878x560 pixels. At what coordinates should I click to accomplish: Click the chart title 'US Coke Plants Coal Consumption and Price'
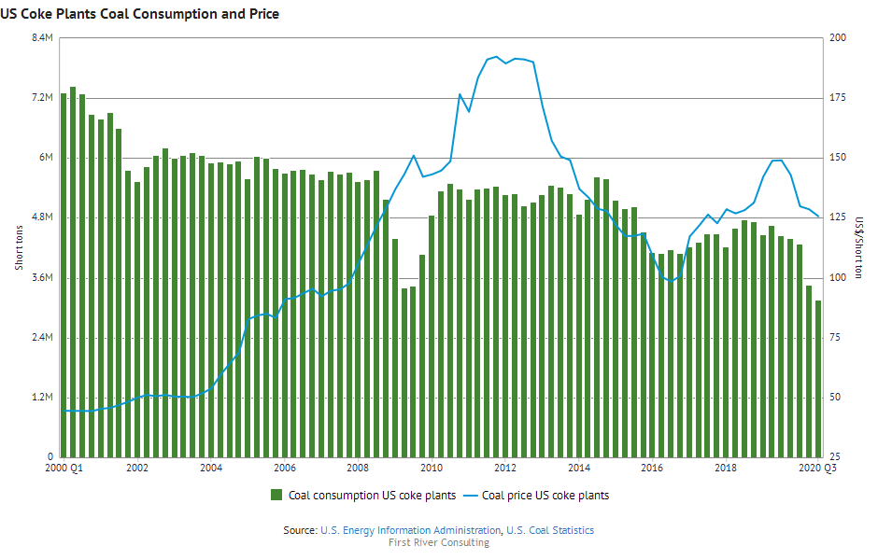click(141, 14)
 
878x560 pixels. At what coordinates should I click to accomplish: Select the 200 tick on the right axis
click(838, 37)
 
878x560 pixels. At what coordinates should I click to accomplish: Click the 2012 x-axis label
click(505, 469)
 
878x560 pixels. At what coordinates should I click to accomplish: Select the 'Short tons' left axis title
click(20, 247)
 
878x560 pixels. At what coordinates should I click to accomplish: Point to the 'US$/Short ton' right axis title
click(859, 247)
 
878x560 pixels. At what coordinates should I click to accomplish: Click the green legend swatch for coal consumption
click(276, 496)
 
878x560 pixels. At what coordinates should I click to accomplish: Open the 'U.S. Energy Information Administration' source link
click(410, 530)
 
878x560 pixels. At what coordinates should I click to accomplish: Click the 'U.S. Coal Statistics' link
click(550, 530)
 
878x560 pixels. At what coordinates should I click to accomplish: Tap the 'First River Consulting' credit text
click(439, 543)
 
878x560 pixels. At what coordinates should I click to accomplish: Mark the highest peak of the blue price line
click(496, 57)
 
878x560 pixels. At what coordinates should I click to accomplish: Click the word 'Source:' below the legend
click(300, 530)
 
